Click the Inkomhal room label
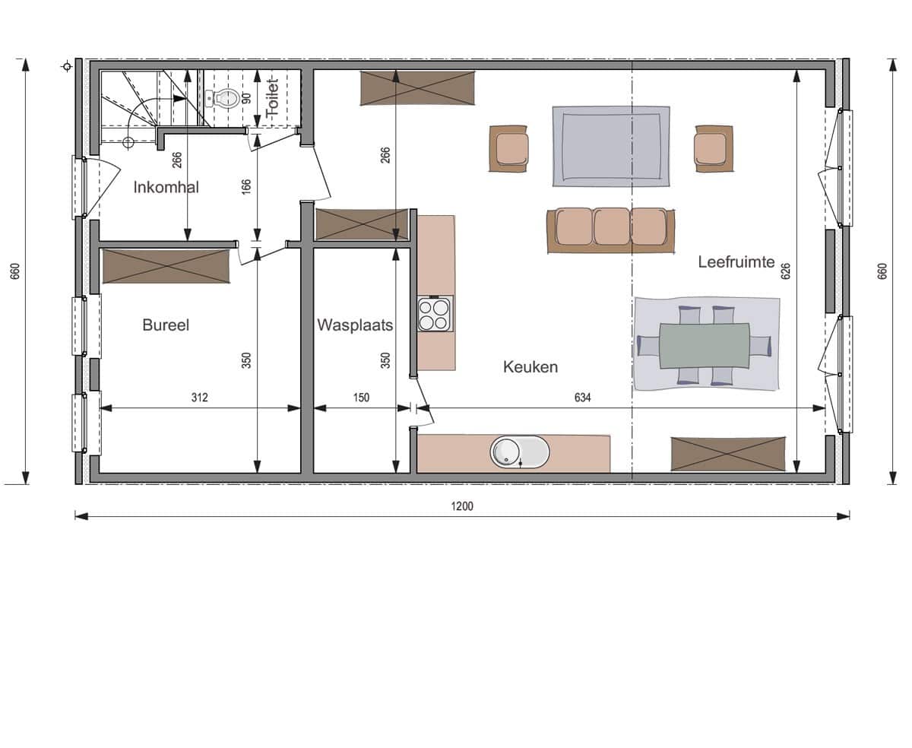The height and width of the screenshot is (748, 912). (x=166, y=187)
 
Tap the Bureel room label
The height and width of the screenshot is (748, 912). (x=166, y=325)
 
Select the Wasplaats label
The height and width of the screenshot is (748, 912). (x=355, y=325)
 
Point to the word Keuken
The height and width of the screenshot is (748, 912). (x=530, y=367)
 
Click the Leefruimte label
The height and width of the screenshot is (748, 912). (x=736, y=261)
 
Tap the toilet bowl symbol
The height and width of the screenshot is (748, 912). (x=223, y=98)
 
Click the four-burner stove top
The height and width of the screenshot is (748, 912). (x=435, y=314)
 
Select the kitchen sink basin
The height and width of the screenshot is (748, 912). (x=520, y=452)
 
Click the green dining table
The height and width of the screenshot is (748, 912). (x=705, y=346)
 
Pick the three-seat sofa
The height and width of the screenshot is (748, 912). (x=610, y=230)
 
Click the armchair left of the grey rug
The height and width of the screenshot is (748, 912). (x=508, y=148)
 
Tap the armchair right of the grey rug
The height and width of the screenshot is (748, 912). (x=714, y=148)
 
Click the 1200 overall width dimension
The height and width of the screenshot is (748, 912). (x=462, y=506)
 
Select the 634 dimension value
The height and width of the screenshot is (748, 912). (x=582, y=397)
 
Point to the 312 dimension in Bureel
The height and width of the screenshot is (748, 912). (x=199, y=397)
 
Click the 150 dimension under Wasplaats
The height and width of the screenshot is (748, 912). (x=361, y=397)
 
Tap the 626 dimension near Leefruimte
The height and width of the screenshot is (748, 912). (x=786, y=271)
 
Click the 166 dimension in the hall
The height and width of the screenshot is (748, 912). (x=245, y=187)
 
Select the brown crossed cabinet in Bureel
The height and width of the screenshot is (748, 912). (x=166, y=266)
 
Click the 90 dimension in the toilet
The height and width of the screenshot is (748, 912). (x=246, y=98)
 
